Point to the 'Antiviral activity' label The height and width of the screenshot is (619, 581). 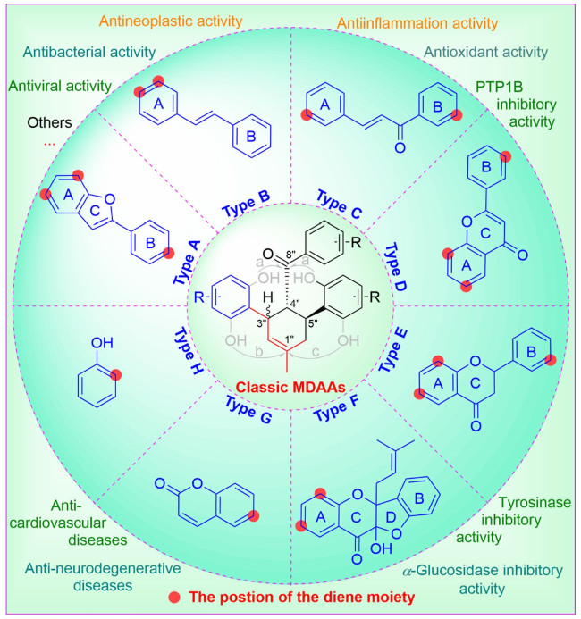pos(60,87)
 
